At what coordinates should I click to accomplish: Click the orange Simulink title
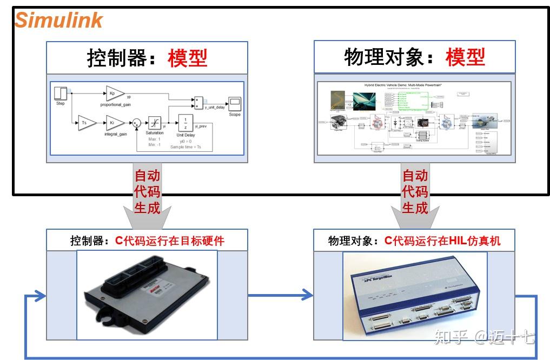(x=58, y=21)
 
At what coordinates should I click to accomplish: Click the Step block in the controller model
(x=60, y=93)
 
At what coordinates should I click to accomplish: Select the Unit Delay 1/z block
(x=185, y=123)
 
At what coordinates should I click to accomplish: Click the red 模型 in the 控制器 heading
(x=187, y=58)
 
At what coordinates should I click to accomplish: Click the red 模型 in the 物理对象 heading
(x=465, y=57)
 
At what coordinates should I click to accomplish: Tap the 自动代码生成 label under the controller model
(x=147, y=191)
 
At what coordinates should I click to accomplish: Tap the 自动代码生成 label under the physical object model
(x=415, y=191)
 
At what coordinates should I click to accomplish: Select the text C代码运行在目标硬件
(x=170, y=241)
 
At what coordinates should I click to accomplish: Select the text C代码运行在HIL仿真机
(x=442, y=241)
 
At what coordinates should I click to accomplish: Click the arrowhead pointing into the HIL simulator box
(x=308, y=295)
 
